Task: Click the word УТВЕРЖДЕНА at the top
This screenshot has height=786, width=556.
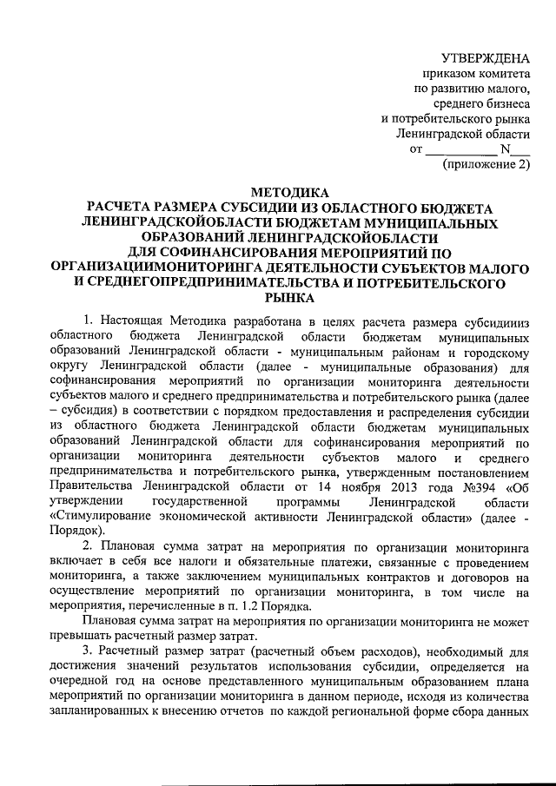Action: [x=486, y=58]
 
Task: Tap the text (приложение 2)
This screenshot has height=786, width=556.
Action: [x=486, y=164]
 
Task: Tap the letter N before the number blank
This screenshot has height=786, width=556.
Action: [x=506, y=149]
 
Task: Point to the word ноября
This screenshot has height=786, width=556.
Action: [x=340, y=485]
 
